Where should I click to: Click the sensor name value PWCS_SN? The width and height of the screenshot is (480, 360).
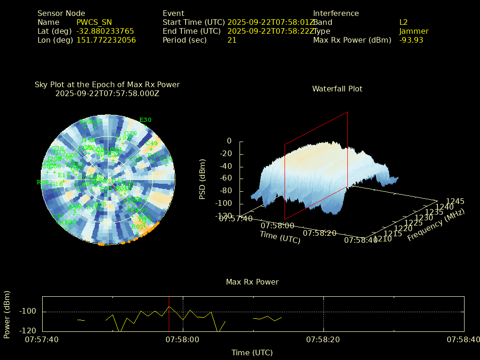click(x=94, y=22)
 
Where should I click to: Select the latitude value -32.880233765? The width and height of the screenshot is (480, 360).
click(x=105, y=31)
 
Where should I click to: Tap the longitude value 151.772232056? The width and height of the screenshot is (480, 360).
click(x=106, y=40)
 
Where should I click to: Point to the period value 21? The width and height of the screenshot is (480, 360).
click(x=232, y=40)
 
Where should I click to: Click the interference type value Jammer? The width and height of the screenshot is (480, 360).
click(x=414, y=31)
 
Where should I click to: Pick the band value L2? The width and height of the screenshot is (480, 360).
click(x=404, y=22)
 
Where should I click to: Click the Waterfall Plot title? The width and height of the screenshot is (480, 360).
click(x=337, y=89)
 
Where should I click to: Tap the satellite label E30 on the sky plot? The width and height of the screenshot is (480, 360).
click(x=146, y=120)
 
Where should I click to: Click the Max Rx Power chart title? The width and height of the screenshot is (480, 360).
click(x=252, y=282)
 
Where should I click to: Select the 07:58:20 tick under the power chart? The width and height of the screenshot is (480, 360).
click(x=324, y=339)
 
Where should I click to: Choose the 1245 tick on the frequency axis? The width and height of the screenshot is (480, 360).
click(x=455, y=202)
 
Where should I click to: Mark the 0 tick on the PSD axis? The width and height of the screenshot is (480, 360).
click(x=229, y=141)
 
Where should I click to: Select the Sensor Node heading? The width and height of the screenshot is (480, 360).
click(x=61, y=14)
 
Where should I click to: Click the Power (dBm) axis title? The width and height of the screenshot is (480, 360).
click(x=7, y=314)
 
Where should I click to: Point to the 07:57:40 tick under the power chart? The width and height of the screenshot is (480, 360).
click(x=42, y=339)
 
